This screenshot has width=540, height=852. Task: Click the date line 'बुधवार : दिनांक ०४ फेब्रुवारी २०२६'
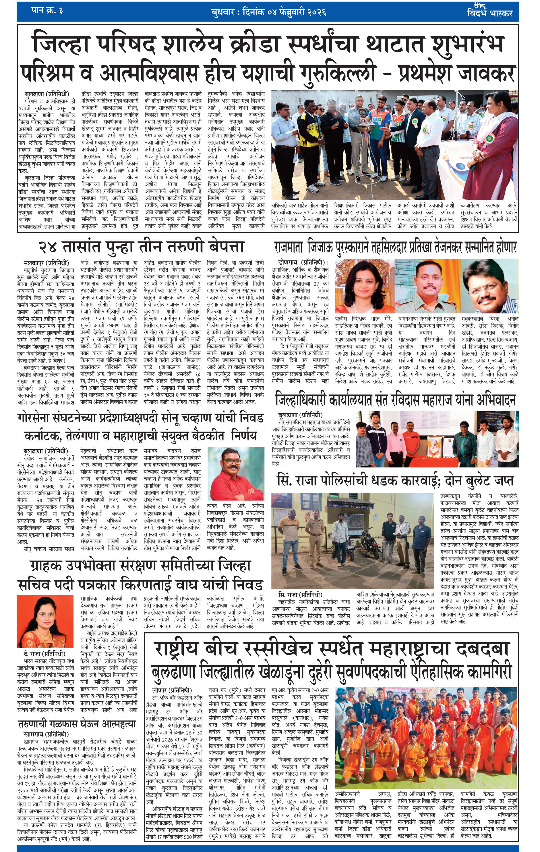(x=269, y=13)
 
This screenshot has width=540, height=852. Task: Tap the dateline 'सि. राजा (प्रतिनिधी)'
(x=300, y=595)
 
